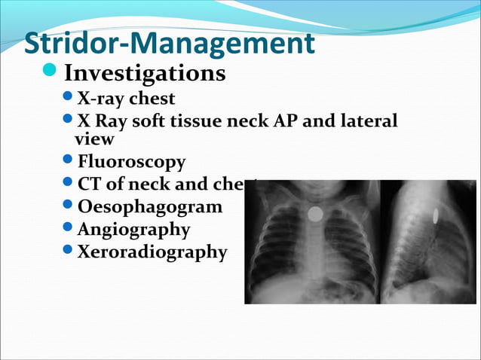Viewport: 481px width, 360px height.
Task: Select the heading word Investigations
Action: click(145, 74)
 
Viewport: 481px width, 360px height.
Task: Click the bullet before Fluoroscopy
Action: click(68, 161)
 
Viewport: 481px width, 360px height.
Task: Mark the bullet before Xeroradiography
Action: click(68, 251)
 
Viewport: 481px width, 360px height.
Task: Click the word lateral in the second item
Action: click(368, 121)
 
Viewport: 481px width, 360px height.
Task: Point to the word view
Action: click(95, 139)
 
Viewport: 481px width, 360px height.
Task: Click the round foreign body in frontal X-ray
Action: click(314, 214)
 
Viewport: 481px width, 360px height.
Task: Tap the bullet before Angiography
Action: click(68, 228)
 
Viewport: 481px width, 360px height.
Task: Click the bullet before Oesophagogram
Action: click(68, 206)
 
